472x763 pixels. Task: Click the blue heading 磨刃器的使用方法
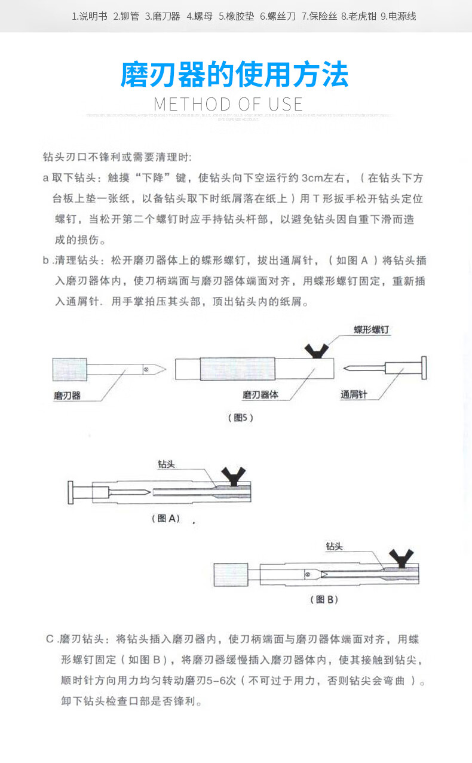coord(234,75)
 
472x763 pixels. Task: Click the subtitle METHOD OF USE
coord(228,105)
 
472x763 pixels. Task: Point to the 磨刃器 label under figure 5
coord(67,396)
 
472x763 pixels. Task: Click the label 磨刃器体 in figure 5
coord(260,395)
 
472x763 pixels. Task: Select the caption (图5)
coord(241,418)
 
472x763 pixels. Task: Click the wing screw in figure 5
coord(315,351)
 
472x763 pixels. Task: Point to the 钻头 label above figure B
coord(334,546)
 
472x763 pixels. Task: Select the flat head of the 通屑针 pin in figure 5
coord(424,369)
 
